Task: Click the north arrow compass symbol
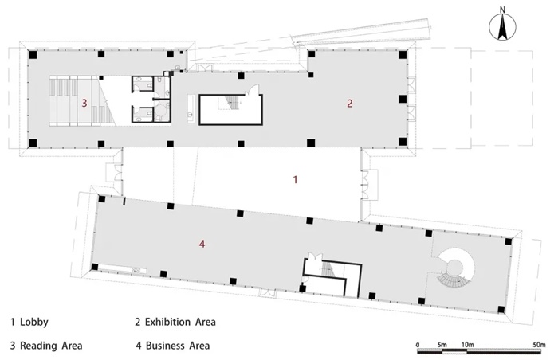(x=502, y=26)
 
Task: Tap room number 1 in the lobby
(x=295, y=180)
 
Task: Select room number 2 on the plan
(x=350, y=104)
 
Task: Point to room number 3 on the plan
(x=84, y=104)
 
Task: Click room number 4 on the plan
(x=202, y=244)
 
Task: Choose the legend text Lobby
(x=34, y=323)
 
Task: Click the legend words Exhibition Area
(x=180, y=323)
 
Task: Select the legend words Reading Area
(x=51, y=346)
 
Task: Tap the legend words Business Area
(x=178, y=346)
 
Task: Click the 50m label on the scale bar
(x=540, y=345)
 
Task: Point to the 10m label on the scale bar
(x=468, y=345)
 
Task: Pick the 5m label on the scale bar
(x=442, y=345)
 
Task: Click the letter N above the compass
(x=502, y=10)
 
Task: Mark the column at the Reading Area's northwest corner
(x=33, y=55)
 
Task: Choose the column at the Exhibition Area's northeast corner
(x=403, y=55)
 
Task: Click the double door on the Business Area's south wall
(x=268, y=292)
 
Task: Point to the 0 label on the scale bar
(x=418, y=345)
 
